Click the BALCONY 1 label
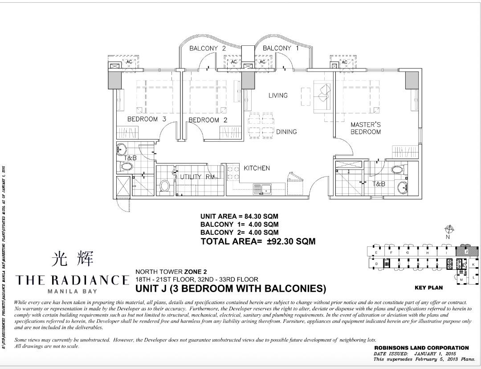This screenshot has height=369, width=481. click(x=277, y=48)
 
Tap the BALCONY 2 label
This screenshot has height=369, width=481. click(x=208, y=48)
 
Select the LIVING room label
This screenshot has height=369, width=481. click(x=278, y=95)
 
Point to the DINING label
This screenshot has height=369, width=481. click(x=286, y=132)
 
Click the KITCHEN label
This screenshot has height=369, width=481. click(x=257, y=168)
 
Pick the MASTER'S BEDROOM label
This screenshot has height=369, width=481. click(x=365, y=128)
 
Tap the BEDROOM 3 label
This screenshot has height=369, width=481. click(x=147, y=119)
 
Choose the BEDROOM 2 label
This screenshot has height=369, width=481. click(x=208, y=120)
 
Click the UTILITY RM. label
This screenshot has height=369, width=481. click(x=198, y=177)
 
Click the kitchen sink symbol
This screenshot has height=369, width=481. click(x=263, y=189)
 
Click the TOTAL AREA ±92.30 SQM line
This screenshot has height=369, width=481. click(x=258, y=241)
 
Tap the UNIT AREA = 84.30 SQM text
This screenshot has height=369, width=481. click(x=239, y=217)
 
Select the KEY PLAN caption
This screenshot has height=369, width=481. click(x=428, y=288)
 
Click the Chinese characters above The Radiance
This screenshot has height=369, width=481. click(x=72, y=259)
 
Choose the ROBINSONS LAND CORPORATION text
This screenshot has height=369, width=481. click(x=421, y=348)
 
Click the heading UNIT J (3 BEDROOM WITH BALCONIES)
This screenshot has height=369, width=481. click(x=231, y=289)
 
